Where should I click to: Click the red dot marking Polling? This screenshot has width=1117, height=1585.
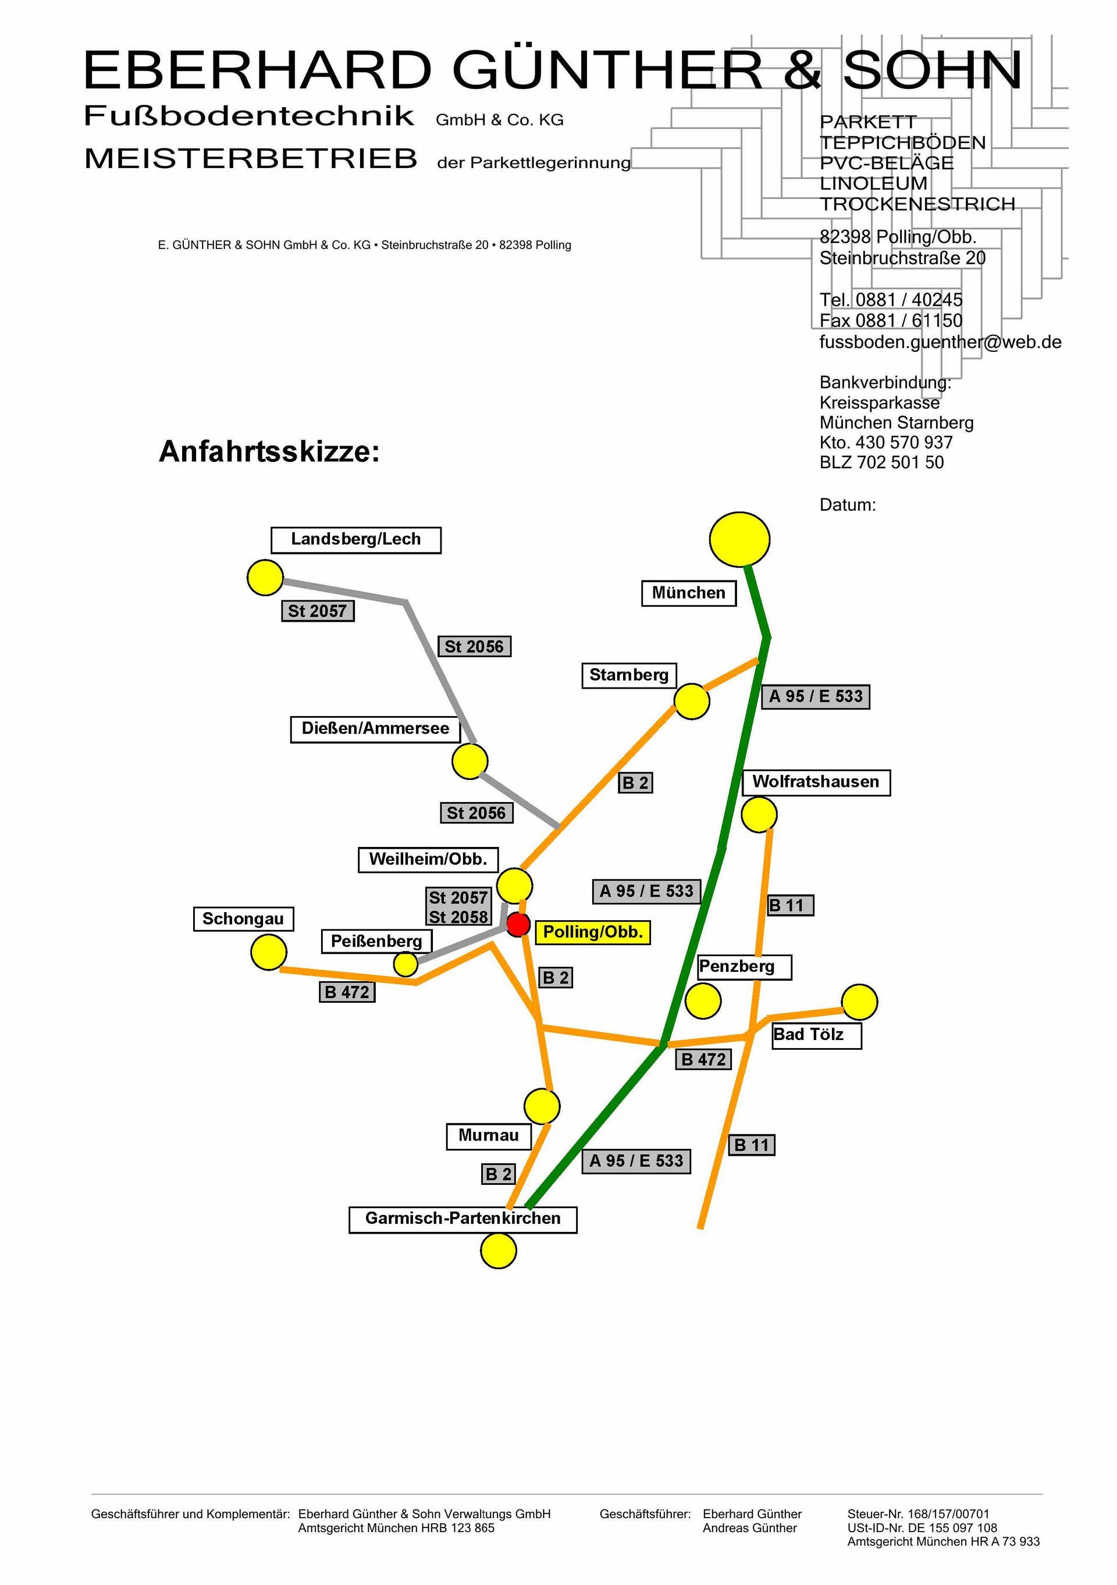point(518,924)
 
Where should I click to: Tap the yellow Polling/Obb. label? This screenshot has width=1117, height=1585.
point(592,932)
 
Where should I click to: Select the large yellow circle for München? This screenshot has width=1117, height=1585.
point(739,539)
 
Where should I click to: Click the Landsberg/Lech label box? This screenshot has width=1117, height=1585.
point(355,539)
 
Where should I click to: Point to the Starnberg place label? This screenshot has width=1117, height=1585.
point(628,675)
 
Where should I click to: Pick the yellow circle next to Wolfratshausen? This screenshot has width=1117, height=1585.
point(759,814)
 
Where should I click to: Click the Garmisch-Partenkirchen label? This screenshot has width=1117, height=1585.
point(463,1219)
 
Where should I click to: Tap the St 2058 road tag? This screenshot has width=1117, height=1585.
point(458,917)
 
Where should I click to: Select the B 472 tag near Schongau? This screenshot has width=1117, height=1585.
point(347,992)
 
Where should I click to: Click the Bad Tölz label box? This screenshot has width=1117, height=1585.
point(816,1035)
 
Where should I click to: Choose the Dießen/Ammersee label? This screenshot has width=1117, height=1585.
point(375,728)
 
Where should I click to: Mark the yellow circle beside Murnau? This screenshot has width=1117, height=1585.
point(542,1107)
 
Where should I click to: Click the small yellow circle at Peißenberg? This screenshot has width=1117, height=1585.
point(405,964)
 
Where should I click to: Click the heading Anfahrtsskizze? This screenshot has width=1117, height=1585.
point(269,452)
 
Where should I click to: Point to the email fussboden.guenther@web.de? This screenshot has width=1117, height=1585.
point(940,343)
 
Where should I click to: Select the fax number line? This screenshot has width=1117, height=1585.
point(890,321)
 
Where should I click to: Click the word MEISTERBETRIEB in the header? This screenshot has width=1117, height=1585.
point(251,159)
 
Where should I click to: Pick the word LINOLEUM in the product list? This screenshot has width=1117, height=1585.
point(873,184)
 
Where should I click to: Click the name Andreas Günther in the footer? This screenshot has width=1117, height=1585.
point(749,1529)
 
